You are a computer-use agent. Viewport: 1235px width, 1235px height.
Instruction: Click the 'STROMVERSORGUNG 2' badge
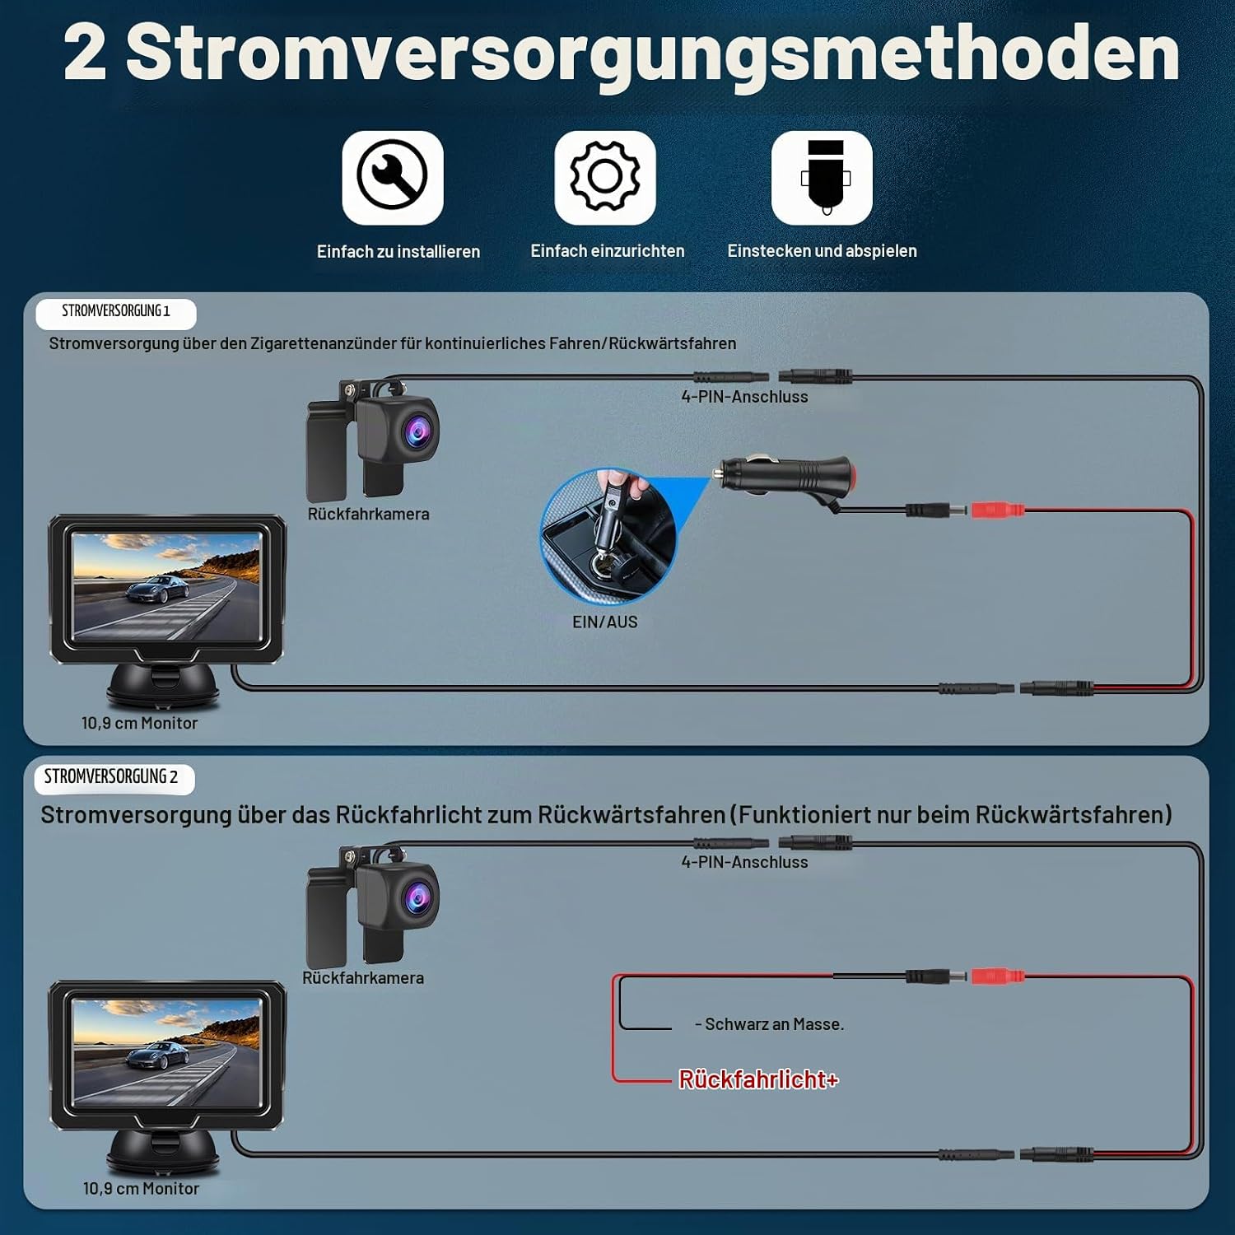114,778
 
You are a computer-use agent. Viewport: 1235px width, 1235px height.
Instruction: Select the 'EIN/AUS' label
605,622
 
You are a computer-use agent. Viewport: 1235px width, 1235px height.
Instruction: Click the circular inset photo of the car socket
608,536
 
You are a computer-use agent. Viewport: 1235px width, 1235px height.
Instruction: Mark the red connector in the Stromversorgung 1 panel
998,510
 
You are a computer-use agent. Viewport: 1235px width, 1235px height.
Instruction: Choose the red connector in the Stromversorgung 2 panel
998,976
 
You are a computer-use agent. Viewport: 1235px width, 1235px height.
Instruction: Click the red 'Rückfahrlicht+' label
758,1079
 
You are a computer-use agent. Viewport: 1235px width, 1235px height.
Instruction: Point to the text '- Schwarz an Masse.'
770,1024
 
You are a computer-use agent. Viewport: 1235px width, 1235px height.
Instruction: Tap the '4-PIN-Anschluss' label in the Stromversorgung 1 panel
744,397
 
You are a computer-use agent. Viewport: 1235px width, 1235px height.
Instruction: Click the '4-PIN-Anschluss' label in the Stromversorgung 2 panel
744,862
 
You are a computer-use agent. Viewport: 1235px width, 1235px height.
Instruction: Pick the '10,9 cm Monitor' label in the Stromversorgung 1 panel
140,723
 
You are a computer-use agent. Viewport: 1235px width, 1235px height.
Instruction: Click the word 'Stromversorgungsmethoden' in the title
653,54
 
